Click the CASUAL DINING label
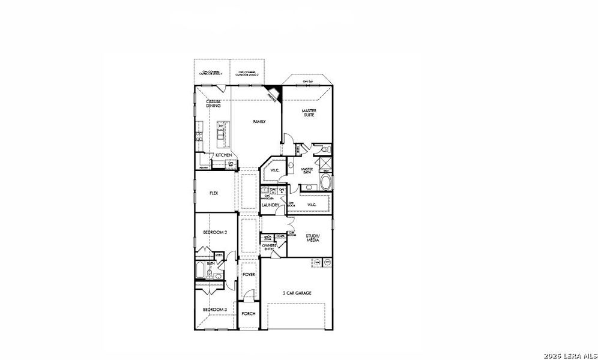[x=214, y=104]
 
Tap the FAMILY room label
[x=259, y=121]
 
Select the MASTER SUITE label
[x=309, y=113]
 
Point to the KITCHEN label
[x=224, y=155]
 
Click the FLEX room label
[x=214, y=193]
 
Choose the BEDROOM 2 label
[x=214, y=232]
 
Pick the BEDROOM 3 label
[x=214, y=310]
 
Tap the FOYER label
[x=249, y=274]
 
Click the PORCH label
[x=249, y=313]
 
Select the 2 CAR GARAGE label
[x=297, y=293]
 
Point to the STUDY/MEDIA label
[x=313, y=238]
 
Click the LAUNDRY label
[x=270, y=205]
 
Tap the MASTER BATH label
[x=307, y=172]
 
